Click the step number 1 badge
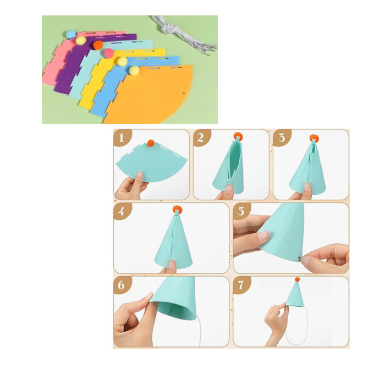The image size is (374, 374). tap(122, 137)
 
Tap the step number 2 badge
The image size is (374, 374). tap(201, 137)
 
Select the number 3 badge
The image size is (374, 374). tap(282, 137)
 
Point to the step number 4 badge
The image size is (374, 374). tap(122, 211)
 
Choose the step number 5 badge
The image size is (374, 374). tap(241, 211)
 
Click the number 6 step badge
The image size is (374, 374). tap(122, 285)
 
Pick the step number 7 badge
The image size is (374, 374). tap(241, 285)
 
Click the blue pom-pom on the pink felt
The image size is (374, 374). tap(70, 34)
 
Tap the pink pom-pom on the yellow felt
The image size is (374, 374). tap(108, 53)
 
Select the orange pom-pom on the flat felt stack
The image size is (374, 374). tap(98, 45)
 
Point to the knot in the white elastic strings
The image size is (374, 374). tap(168, 29)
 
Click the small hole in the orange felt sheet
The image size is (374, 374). tap(184, 93)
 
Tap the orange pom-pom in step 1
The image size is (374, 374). tap(151, 143)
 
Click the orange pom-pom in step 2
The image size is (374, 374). tap(238, 136)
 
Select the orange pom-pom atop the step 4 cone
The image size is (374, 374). tap(178, 210)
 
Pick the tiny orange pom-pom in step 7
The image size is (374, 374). tap(297, 279)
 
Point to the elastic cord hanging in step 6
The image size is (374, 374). tap(199, 332)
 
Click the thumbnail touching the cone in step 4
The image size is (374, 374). tap(171, 265)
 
